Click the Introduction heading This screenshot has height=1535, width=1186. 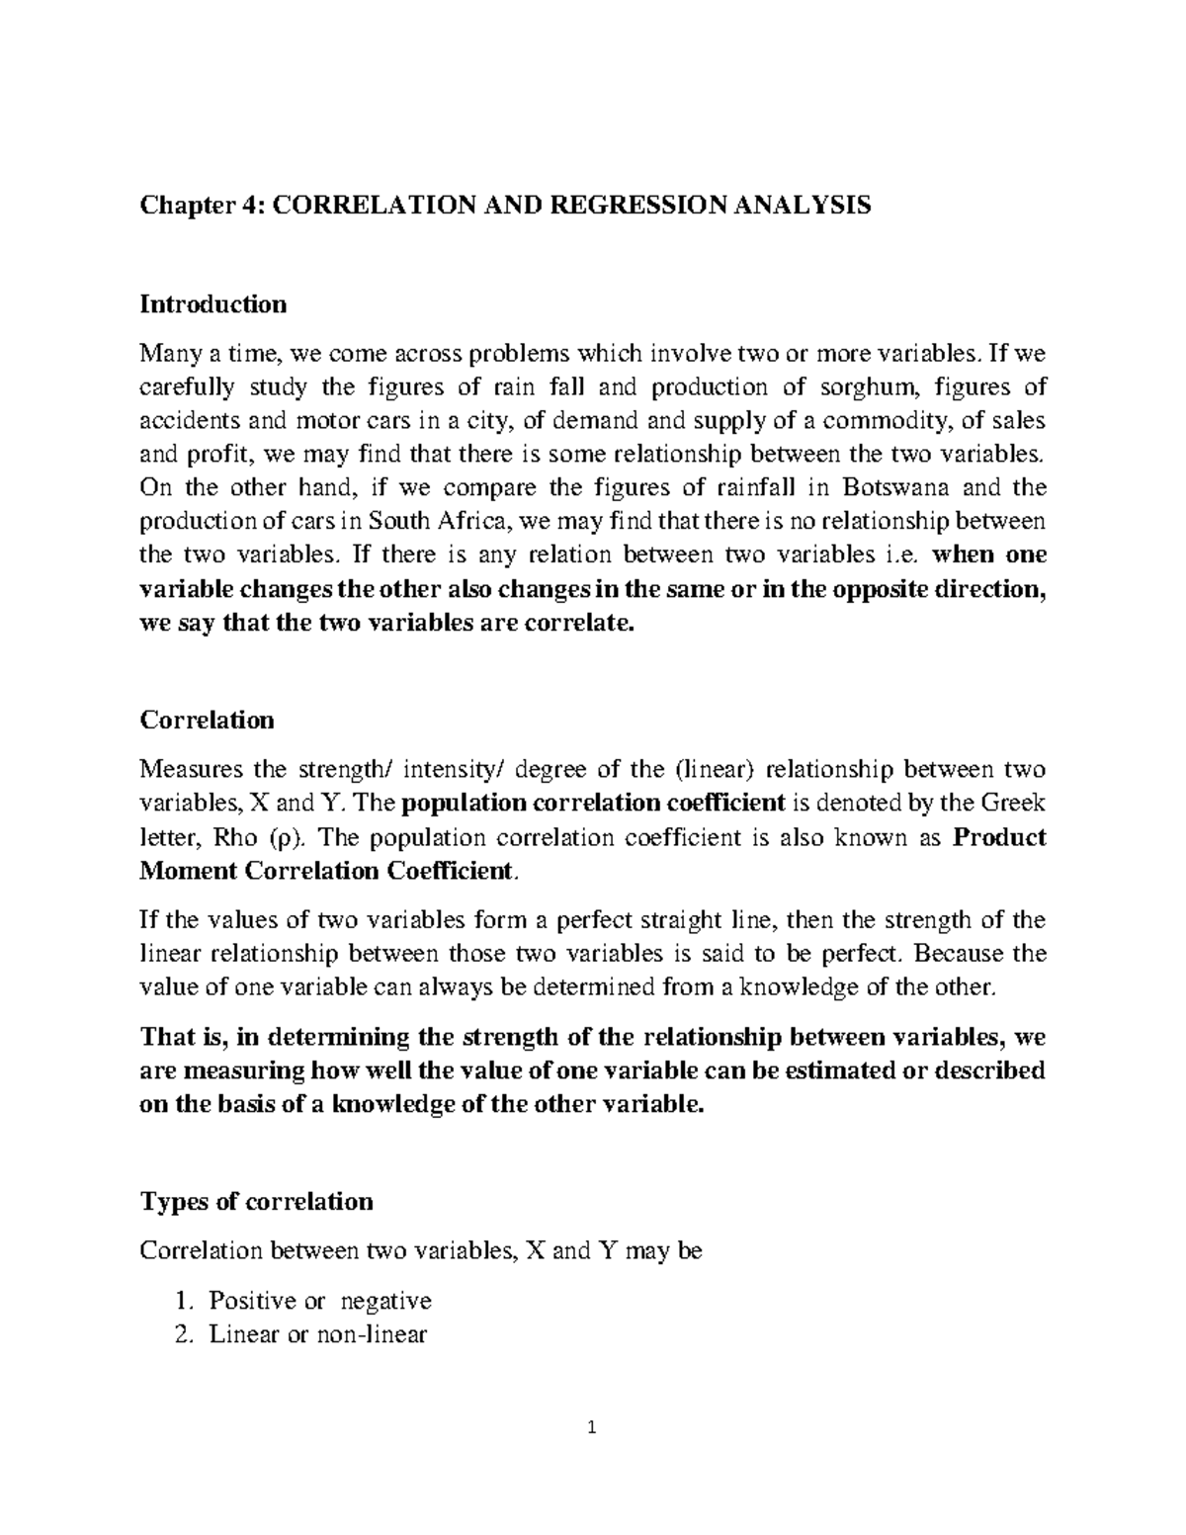click(212, 303)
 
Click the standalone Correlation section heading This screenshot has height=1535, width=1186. click(207, 720)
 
